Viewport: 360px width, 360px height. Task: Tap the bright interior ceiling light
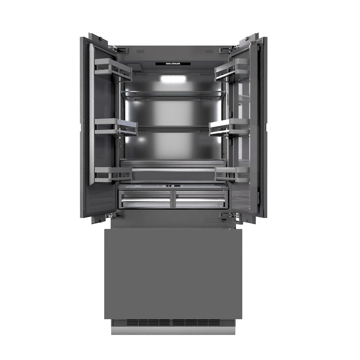(x=171, y=78)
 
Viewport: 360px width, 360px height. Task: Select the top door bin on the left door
(x=113, y=69)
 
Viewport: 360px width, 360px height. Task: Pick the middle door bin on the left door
(x=116, y=127)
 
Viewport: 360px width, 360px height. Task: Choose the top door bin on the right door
(x=232, y=69)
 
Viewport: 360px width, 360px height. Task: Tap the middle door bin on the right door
(x=229, y=127)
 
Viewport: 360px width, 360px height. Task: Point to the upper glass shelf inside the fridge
(x=173, y=94)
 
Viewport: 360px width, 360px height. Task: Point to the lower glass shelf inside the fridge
(x=173, y=128)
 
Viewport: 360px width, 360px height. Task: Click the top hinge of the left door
(x=112, y=47)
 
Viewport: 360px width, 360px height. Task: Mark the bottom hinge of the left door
(x=111, y=216)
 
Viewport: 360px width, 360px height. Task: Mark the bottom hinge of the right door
(x=230, y=216)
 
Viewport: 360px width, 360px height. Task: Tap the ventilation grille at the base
(x=173, y=322)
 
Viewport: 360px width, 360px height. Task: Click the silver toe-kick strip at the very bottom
(x=173, y=331)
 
